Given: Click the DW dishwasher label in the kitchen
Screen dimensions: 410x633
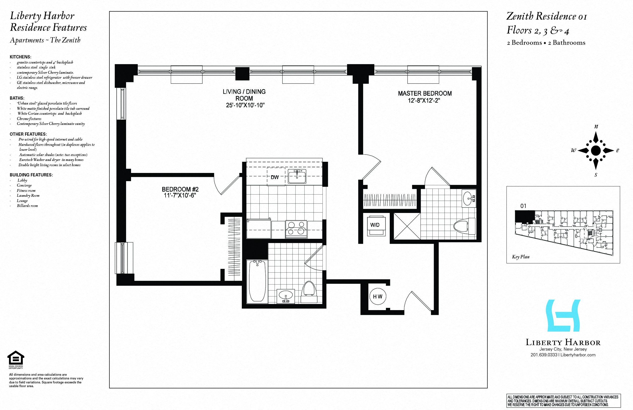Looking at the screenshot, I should [275, 177].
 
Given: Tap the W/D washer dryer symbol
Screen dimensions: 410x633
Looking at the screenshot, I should [375, 225].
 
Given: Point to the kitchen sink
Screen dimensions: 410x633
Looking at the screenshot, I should [297, 176].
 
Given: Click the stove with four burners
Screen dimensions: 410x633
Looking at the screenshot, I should [296, 229].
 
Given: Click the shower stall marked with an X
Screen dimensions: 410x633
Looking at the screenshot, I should [407, 226].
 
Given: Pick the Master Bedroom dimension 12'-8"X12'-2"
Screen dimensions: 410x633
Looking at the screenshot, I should [424, 101].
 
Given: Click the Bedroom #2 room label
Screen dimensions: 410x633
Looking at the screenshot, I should [180, 189].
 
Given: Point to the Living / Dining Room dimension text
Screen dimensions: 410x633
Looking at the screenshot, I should [245, 105].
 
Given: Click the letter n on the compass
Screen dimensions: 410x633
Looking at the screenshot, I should [596, 127].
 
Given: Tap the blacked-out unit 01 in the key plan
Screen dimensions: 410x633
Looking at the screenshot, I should [524, 216].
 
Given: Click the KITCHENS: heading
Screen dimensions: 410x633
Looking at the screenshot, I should [20, 57].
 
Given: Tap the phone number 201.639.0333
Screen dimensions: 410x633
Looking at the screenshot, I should [544, 355].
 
